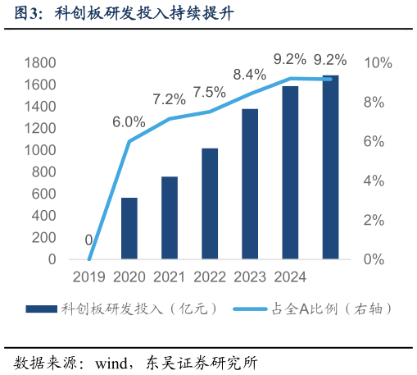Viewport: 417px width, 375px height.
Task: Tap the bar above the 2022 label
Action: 210,204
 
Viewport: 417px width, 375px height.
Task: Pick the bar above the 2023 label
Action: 250,184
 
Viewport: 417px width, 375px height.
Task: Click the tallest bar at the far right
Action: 330,167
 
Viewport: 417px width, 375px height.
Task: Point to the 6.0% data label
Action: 129,121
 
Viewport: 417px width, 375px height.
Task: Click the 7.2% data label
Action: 169,99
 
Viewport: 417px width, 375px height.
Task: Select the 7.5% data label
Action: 210,92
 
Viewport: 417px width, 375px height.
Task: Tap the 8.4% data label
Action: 249,75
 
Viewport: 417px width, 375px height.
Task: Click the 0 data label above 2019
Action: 88,240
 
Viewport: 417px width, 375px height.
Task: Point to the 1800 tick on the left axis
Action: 40,63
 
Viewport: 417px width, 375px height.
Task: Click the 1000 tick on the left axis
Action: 40,151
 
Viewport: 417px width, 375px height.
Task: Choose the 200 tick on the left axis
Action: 44,238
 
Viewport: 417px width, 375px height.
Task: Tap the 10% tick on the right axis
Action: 378,63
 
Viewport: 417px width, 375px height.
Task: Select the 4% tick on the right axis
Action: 374,181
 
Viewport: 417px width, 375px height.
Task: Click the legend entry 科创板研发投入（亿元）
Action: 123,309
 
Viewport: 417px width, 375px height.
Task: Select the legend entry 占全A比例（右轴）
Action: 311,309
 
